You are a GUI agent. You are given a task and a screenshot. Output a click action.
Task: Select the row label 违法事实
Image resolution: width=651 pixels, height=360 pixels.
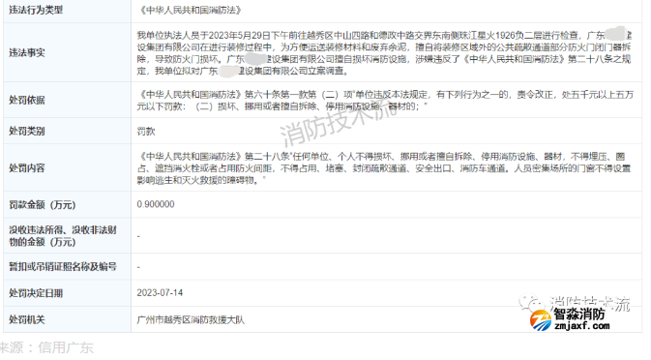28,54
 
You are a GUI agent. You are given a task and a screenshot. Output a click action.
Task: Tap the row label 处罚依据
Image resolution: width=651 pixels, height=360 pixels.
28,100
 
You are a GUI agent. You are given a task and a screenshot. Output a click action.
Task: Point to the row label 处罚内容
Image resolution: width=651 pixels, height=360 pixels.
28,166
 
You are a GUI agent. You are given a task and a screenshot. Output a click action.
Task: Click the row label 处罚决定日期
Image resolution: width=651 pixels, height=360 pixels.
36,292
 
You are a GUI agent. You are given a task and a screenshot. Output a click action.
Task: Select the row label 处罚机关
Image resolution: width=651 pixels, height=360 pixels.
28,318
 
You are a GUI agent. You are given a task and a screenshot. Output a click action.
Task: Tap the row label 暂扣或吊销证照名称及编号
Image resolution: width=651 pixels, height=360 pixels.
62,265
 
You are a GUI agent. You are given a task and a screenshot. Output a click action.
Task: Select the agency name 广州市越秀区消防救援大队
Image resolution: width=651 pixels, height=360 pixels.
188,318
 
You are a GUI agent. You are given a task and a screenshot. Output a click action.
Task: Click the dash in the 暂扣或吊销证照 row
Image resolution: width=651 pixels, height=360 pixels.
140,265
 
